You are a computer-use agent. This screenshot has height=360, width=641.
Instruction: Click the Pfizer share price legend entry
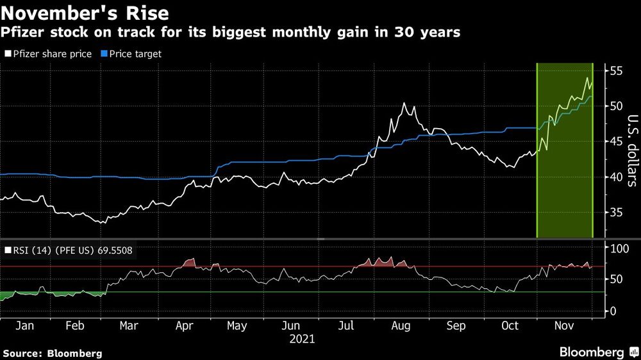coord(49,54)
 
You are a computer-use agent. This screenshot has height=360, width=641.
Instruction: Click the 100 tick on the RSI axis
coord(617,248)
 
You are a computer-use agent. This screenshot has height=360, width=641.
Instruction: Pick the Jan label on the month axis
coord(24,326)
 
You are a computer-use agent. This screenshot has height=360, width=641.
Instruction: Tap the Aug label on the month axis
coord(401,326)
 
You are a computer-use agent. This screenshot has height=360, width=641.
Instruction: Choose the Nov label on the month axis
coord(564,326)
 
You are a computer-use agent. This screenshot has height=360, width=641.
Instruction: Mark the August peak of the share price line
coord(404,103)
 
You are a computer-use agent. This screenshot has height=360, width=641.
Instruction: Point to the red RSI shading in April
coord(188,263)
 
